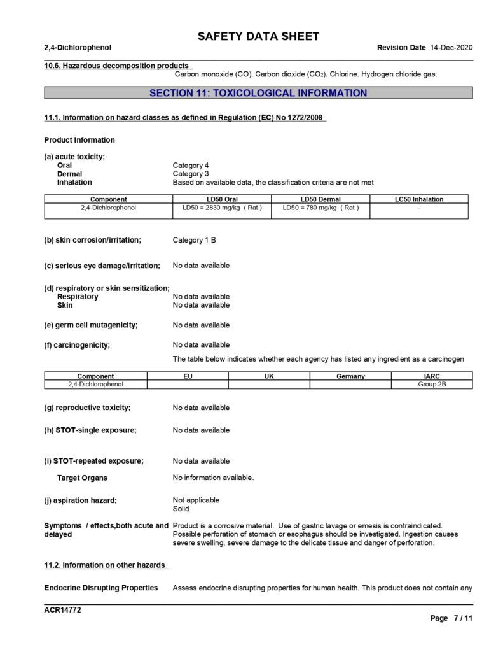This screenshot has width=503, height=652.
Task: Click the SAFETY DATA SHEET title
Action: pos(258,36)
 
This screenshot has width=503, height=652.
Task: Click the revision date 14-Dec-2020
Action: pos(451,48)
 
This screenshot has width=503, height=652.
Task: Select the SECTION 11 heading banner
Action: pos(258,93)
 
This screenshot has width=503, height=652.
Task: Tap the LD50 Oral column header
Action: pos(222,199)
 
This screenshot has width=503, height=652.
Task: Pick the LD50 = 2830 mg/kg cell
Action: pos(222,208)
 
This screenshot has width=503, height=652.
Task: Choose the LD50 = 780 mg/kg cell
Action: pos(320,208)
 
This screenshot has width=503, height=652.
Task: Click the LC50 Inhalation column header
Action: pos(419,199)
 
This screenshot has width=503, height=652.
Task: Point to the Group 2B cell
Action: pos(432,385)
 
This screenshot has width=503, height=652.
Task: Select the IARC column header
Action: pos(432,376)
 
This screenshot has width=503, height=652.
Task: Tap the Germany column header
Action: pos(350,376)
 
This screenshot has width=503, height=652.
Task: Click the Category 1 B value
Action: pos(198,241)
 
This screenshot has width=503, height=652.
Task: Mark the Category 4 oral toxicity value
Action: pos(191,166)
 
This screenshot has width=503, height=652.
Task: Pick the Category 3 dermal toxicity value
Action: pos(191,174)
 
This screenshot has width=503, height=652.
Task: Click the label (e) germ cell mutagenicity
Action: pos(91,325)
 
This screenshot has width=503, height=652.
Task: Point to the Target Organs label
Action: pos(82,478)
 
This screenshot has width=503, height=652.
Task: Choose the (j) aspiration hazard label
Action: pos(81,500)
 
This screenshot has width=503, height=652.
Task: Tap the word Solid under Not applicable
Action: pos(181,509)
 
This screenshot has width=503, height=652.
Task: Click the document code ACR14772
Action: pos(62,610)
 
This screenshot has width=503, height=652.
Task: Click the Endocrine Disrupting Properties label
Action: pos(100,588)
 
